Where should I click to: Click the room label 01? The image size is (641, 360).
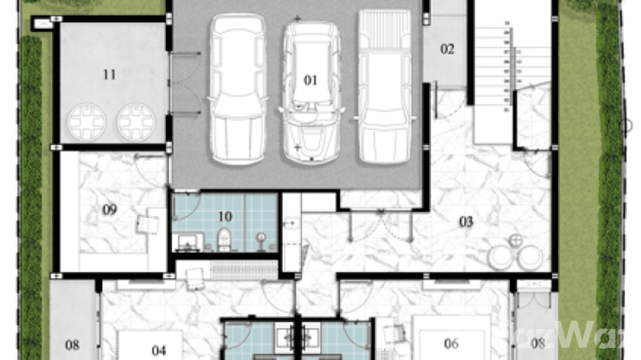310,80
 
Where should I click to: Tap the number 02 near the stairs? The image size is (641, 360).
447,49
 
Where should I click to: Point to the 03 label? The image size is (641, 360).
466,222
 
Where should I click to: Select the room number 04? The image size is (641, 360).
159,350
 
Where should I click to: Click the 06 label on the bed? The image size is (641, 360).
451,343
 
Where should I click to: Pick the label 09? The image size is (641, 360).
109,210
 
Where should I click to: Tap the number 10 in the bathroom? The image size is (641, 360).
225,217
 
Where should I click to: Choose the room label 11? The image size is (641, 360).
109,74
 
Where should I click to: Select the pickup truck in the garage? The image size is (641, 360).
385,86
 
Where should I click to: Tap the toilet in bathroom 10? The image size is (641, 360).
223,240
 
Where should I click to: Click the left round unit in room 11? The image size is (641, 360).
86,122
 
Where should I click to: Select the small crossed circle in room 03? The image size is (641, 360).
516,240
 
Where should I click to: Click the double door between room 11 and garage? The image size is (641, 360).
184,83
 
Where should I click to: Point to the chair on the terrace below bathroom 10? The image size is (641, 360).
194,277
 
